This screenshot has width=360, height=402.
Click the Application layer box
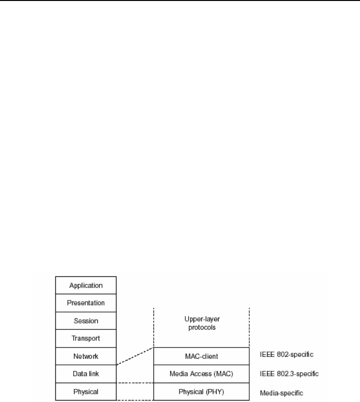86,285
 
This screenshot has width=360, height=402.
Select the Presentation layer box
86,303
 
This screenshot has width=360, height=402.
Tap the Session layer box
86,321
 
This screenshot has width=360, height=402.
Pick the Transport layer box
86,338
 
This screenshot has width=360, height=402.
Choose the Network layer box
86,356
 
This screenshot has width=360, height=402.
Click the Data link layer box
86,374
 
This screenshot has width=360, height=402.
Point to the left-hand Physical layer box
86,391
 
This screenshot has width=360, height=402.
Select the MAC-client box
201,356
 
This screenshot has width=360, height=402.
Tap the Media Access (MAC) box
201,374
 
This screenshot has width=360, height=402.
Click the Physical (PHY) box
201,391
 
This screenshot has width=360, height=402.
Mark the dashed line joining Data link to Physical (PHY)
135,383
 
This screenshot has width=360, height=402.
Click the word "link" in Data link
96,374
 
